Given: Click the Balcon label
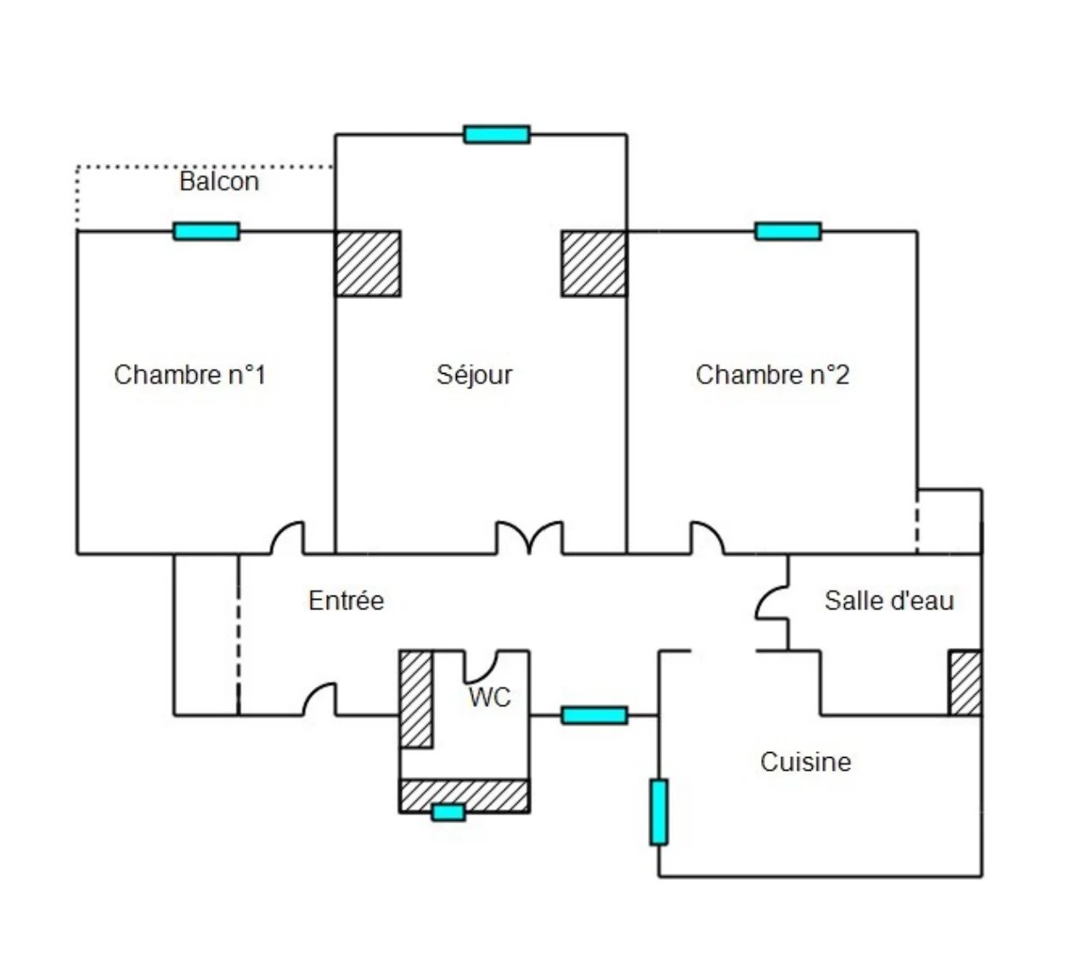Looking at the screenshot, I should point(219,181).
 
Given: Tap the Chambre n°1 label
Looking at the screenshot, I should point(189,375).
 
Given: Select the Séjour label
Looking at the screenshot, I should point(474,375).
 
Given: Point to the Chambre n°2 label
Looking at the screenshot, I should point(772,375).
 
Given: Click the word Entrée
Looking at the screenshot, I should point(346,601).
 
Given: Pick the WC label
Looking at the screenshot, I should point(490,698).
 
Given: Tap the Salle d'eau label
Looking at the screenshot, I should point(888,601).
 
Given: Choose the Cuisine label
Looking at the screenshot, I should point(805,761).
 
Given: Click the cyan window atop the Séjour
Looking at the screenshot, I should point(497,134).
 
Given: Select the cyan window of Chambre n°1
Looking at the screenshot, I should point(206,231).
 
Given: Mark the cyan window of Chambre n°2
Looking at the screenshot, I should point(788,231).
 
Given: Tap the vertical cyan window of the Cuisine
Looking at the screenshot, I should point(658,811).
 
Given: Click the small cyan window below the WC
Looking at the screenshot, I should point(448,812).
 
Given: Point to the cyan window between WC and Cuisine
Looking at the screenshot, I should point(595,715).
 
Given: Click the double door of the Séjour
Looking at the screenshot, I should point(529,538).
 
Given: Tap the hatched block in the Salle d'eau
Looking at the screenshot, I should point(965,682).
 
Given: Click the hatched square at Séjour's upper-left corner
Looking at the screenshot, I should point(368,263).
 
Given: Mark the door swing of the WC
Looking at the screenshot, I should point(480,667).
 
